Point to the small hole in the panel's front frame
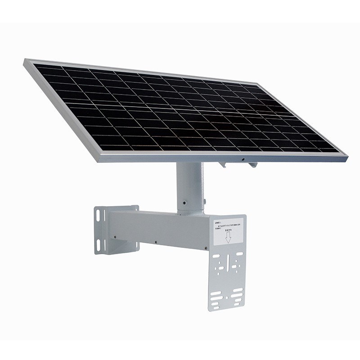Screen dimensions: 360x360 click(243, 160)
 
